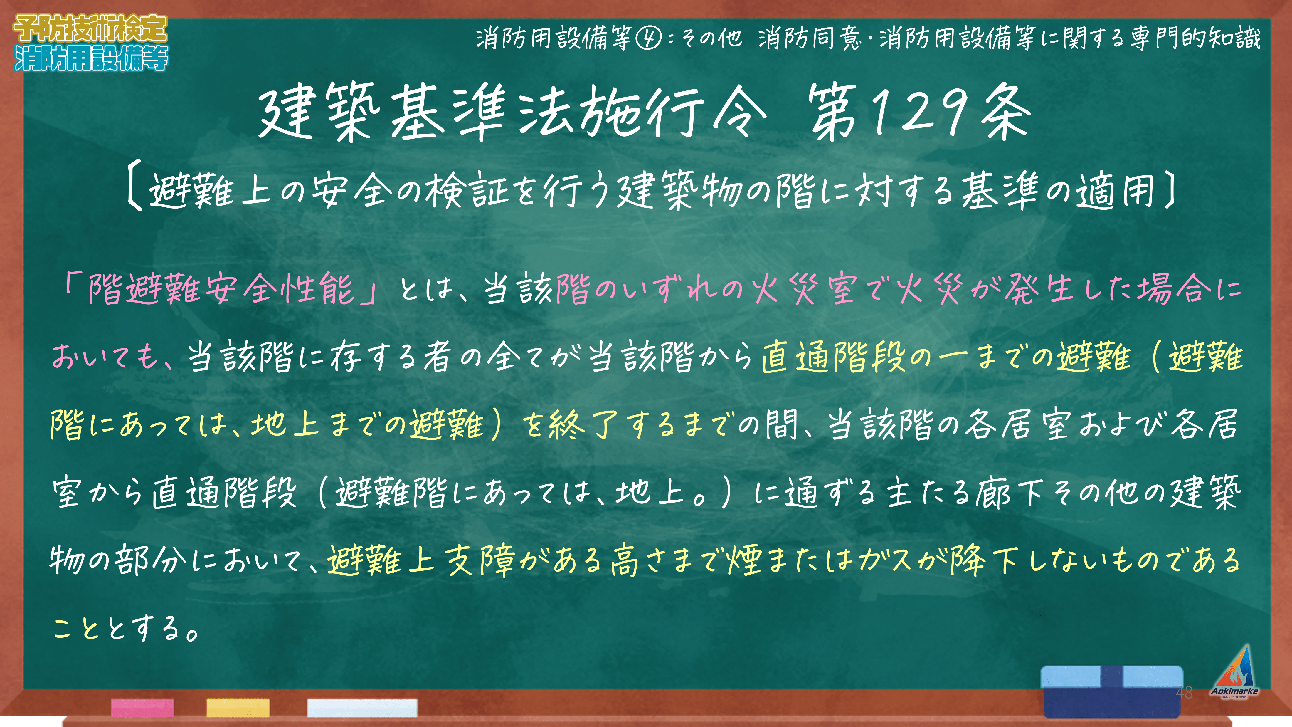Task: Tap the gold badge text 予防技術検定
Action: click(90, 28)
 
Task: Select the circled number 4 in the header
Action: click(649, 38)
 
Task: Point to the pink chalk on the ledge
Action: click(142, 707)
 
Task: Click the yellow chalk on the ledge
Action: click(238, 707)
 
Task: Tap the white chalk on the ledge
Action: click(362, 707)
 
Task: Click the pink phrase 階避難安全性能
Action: click(221, 288)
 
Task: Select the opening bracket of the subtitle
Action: click(133, 190)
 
